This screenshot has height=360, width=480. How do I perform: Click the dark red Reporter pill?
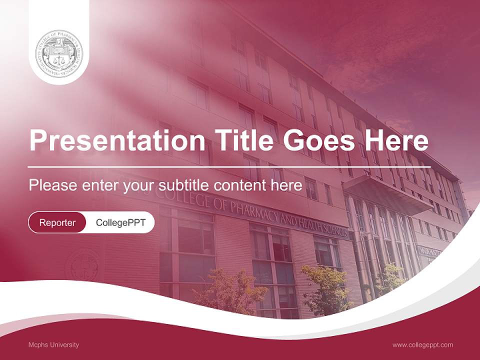click(x=57, y=222)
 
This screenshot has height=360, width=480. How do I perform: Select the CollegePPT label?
click(x=120, y=222)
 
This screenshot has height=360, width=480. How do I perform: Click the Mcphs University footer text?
click(x=53, y=344)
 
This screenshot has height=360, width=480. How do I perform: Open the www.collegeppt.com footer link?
click(x=422, y=344)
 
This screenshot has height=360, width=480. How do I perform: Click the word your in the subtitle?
click(x=139, y=185)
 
